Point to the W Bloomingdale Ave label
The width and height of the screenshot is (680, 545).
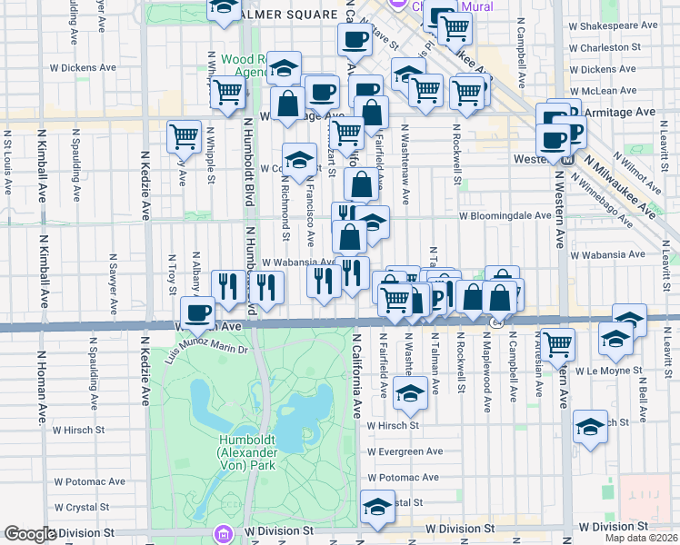(505, 216)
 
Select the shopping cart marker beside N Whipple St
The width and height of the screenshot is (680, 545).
(184, 136)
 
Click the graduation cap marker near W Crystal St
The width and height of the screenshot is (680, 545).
(377, 507)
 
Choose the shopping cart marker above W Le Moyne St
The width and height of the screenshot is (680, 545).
(558, 343)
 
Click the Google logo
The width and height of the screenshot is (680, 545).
(30, 534)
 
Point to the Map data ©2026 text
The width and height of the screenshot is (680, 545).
(644, 538)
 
